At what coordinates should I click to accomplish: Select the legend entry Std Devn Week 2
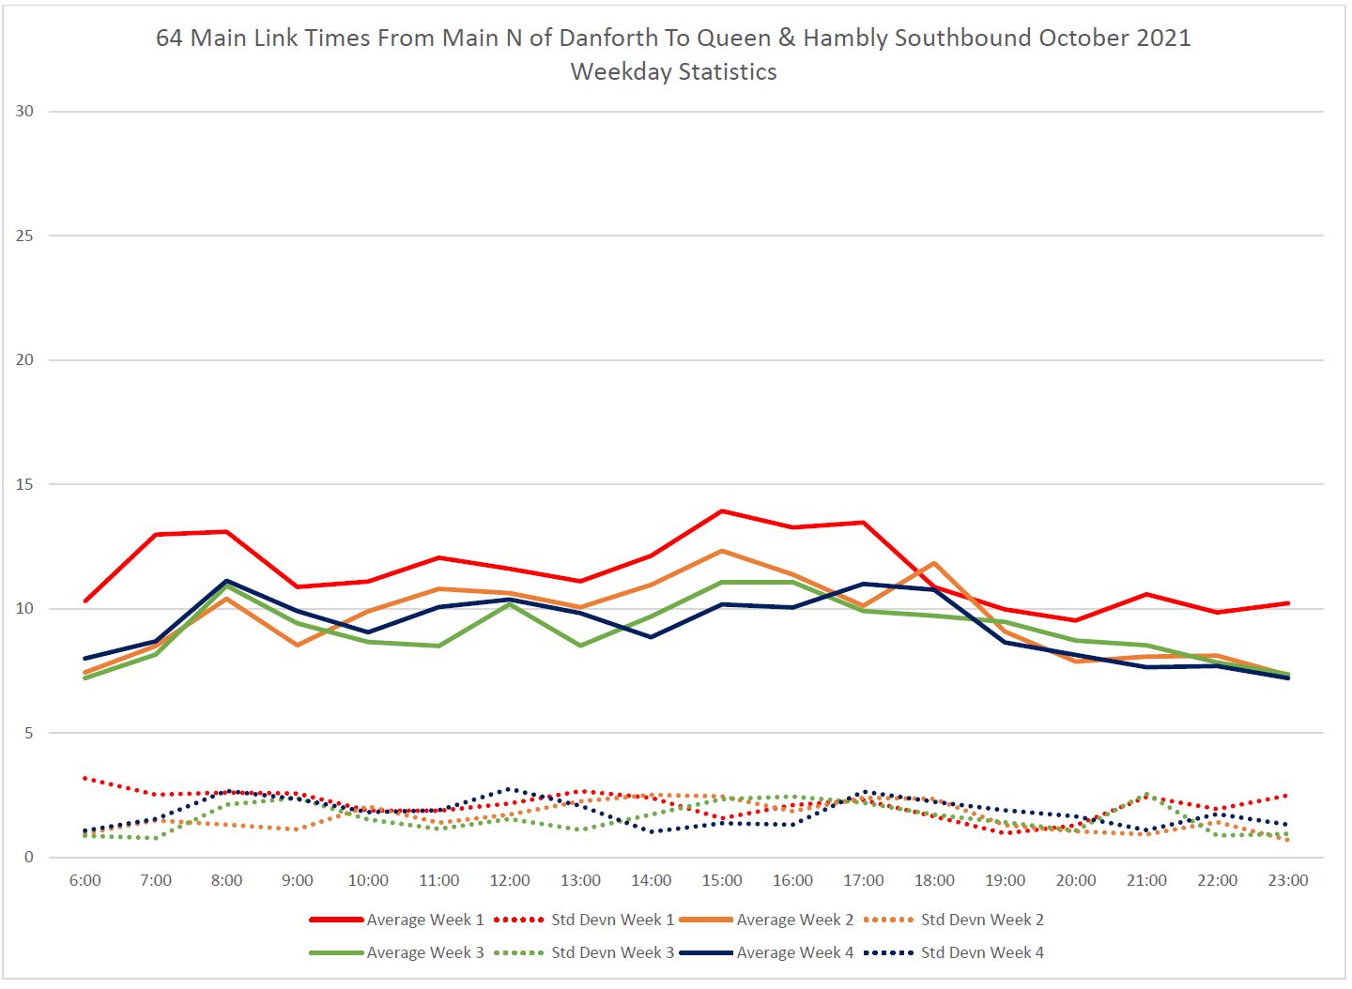tap(981, 920)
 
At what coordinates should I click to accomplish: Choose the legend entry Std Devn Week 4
tap(981, 952)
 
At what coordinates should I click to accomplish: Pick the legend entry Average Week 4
tap(794, 952)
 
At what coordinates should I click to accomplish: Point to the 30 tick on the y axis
tap(24, 111)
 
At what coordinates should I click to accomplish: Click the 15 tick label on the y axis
tap(24, 484)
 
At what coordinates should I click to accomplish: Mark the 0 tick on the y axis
tap(29, 857)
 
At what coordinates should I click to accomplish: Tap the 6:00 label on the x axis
tap(84, 880)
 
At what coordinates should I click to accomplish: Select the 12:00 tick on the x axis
tap(510, 880)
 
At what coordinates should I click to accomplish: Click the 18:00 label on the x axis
tap(934, 880)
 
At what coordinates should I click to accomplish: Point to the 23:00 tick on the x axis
tap(1288, 880)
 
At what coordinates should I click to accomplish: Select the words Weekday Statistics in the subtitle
tap(673, 71)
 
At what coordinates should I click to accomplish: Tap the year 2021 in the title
tap(1161, 38)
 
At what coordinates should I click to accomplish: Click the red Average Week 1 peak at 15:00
tap(722, 510)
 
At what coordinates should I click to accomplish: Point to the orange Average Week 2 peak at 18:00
tap(934, 563)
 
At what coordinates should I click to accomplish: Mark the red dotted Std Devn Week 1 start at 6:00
tap(84, 778)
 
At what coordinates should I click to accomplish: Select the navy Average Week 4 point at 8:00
tap(226, 581)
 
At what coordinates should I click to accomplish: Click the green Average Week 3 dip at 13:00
tap(580, 646)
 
